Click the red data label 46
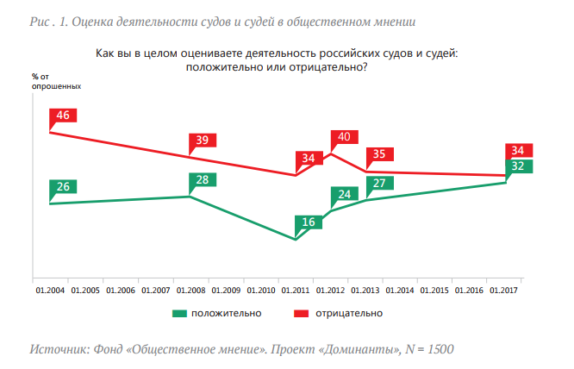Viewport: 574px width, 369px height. tap(62, 116)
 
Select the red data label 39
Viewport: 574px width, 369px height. tap(203, 141)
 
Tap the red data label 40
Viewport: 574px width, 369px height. tap(344, 137)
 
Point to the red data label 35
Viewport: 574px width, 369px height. tap(379, 154)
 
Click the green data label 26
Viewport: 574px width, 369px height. tap(63, 186)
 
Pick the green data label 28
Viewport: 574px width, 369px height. tap(203, 180)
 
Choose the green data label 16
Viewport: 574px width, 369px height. tap(309, 222)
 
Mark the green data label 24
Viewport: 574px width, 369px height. tap(344, 194)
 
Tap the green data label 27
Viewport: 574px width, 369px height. tap(379, 183)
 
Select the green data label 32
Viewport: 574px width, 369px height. tap(519, 166)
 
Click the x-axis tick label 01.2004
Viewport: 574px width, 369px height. tap(49, 291)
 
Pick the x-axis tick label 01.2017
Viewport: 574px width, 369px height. tap(505, 291)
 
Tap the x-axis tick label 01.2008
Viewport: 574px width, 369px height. tap(190, 291)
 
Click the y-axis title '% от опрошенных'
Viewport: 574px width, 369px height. tap(57, 83)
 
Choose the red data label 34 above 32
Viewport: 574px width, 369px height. tap(519, 150)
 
